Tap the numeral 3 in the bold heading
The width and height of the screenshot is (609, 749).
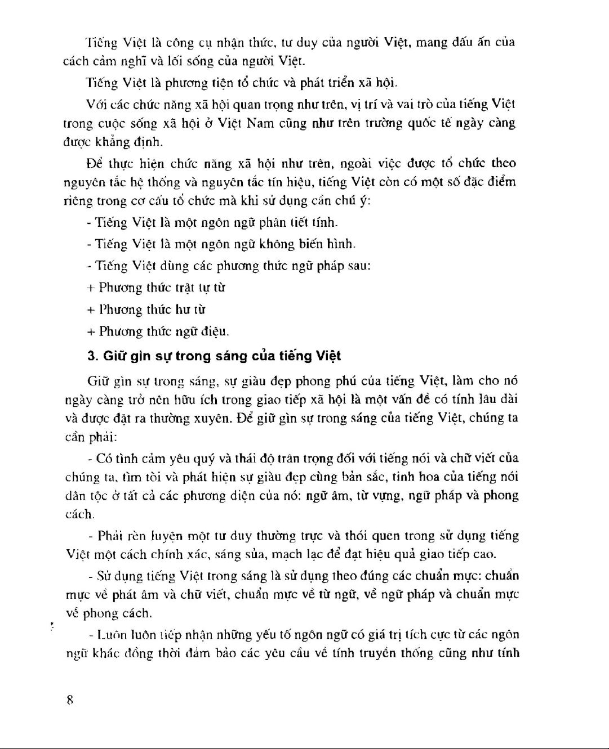click(91, 356)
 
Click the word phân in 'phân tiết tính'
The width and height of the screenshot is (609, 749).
click(271, 223)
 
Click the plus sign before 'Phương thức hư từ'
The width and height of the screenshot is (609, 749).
click(90, 310)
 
